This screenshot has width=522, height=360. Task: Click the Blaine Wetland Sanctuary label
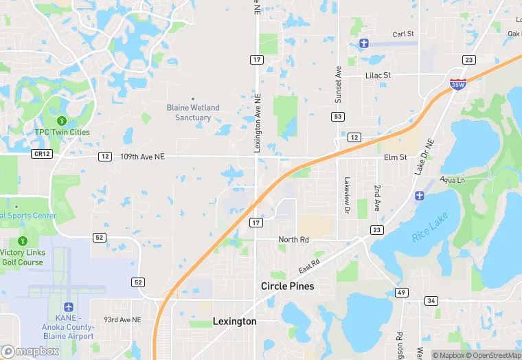coord(193,113)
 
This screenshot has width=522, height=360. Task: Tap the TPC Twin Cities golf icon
coord(62,121)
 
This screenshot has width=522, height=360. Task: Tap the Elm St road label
coord(396,157)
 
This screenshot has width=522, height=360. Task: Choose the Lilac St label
coord(377,75)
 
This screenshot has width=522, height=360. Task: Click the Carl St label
coord(403,34)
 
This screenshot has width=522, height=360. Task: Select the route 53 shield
coord(338,117)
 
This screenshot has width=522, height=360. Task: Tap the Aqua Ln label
coord(453,179)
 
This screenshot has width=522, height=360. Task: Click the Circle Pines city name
coord(287,286)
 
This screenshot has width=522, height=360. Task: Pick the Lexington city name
coord(234,321)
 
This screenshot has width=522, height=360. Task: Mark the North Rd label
coord(293,239)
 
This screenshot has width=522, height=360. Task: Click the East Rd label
coord(309,264)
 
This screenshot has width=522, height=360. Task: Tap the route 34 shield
coord(431,300)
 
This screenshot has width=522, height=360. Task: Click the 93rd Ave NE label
coord(122,319)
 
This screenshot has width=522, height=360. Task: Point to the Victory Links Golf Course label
coord(21,257)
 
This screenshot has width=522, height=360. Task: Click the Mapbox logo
coord(30,351)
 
